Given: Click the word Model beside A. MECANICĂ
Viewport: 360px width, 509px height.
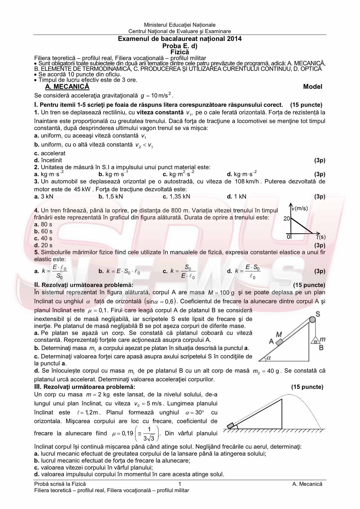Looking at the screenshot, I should [x=312, y=86].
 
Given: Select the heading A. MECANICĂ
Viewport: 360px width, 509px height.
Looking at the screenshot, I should [x=67, y=86].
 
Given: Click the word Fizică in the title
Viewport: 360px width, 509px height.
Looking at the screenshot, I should [x=180, y=52].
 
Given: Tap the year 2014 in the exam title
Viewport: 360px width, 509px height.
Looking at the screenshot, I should [x=234, y=39].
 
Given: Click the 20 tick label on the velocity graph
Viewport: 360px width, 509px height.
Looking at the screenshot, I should [x=287, y=219].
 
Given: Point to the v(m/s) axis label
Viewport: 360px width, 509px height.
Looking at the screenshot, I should [x=300, y=208].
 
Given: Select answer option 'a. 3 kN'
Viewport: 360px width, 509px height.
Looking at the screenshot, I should [x=44, y=196].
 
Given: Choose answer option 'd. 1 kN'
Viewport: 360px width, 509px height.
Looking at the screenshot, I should [x=236, y=196].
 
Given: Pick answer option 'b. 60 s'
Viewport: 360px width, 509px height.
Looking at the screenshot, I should [x=43, y=231].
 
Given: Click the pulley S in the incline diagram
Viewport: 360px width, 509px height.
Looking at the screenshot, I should [x=312, y=320].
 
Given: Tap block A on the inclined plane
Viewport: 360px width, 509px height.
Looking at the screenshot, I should [x=279, y=342].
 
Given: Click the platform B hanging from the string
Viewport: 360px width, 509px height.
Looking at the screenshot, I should [x=315, y=341].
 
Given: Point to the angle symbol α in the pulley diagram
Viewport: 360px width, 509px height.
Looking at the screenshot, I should [x=268, y=358].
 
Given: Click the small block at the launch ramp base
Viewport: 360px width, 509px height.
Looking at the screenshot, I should [x=231, y=426].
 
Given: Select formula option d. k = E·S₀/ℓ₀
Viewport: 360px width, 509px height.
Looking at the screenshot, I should [x=243, y=271].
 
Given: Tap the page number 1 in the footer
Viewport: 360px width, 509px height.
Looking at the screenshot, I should [x=180, y=484].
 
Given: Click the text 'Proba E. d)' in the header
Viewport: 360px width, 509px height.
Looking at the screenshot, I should [x=180, y=46].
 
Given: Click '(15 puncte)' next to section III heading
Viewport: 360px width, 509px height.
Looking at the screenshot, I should [x=307, y=387].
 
